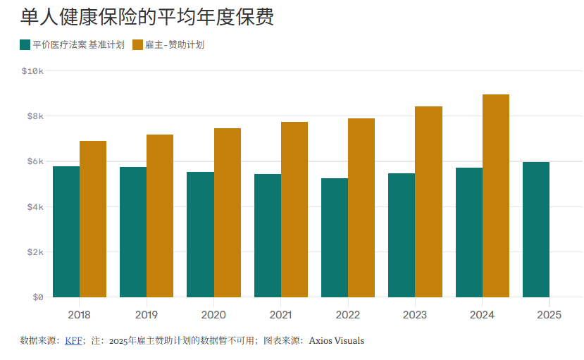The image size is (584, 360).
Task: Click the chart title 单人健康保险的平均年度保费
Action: (147, 16)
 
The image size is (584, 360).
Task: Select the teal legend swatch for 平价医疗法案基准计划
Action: (25, 45)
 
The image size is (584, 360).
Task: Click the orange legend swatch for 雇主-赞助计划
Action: (137, 45)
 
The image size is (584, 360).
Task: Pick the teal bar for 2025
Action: (535, 230)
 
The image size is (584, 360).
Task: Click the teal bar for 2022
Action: (334, 237)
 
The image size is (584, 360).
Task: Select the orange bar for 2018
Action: (92, 219)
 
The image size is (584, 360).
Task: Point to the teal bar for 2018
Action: (66, 232)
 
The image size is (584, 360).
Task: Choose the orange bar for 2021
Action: (294, 209)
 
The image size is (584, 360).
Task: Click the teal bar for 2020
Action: (200, 235)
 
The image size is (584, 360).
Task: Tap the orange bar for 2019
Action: (159, 216)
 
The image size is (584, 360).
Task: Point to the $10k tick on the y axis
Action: (32, 71)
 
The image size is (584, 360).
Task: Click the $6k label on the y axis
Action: (35, 161)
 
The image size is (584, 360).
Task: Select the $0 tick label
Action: (37, 297)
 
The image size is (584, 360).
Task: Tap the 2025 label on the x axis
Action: (549, 315)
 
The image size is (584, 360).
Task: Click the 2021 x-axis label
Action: (280, 315)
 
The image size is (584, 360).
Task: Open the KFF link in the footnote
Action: (73, 341)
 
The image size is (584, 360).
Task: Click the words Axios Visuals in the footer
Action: (336, 341)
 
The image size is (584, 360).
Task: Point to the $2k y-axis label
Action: (35, 252)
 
